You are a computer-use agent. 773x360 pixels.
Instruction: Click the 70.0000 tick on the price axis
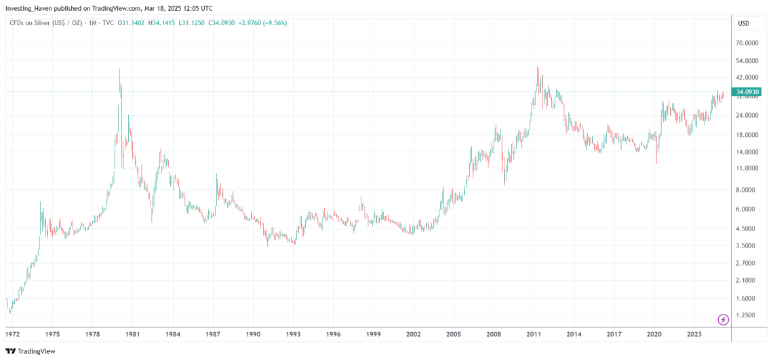point(746,43)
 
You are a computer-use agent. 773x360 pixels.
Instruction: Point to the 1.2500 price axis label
point(746,315)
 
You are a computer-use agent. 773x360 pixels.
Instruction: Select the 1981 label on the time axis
point(132,334)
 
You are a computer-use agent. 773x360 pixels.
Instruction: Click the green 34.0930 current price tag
point(747,92)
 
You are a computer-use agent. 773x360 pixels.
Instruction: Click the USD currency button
point(743,23)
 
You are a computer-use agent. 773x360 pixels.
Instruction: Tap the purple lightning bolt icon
point(723,319)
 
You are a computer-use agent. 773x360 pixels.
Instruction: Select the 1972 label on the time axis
point(13,334)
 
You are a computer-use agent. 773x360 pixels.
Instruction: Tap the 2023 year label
point(694,334)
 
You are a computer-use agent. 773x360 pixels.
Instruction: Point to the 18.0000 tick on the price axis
point(746,134)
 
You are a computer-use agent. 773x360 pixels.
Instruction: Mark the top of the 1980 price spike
point(119,69)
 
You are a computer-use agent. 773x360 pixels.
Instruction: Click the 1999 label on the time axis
point(373,334)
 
